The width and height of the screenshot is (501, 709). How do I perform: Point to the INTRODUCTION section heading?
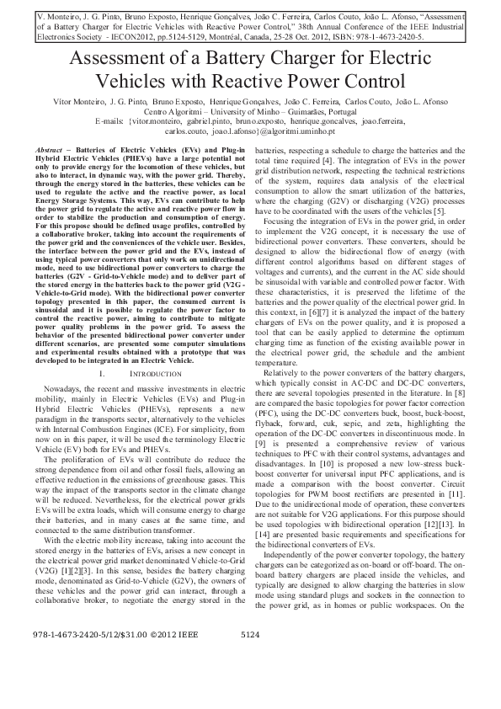pyautogui.click(x=155, y=371)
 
